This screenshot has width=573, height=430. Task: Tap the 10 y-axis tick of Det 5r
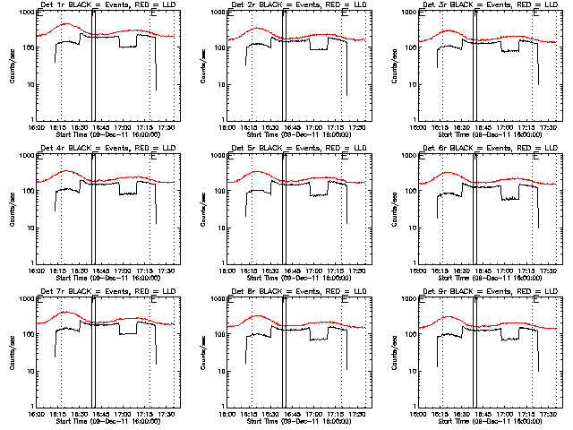(x=221, y=228)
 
